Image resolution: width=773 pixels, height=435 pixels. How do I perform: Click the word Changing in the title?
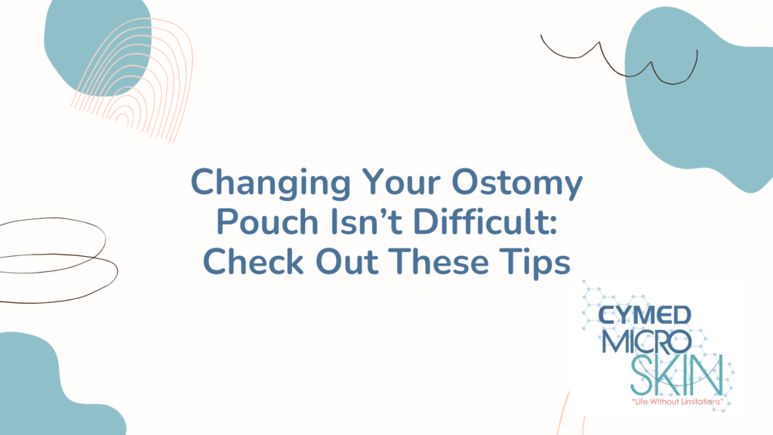tap(271, 184)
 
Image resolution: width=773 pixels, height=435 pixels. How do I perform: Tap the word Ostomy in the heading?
tap(517, 184)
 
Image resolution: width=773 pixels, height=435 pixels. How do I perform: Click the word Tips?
tap(534, 263)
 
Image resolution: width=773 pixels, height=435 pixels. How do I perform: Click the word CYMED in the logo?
tap(645, 316)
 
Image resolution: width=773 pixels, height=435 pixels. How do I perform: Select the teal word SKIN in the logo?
tap(677, 376)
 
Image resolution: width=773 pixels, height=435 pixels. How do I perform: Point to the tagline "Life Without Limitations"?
tap(677, 402)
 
